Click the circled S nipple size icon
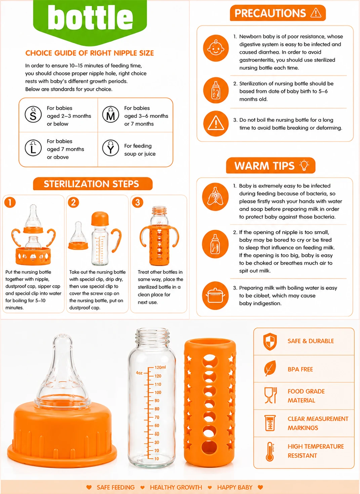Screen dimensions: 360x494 coord(33,114)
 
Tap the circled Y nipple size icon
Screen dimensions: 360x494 coord(111,148)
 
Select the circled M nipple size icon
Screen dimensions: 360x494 coord(111,114)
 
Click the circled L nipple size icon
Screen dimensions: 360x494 coord(33,148)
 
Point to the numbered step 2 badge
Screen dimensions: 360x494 coord(73,202)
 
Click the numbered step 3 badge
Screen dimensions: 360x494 coord(137,202)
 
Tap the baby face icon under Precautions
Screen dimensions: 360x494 coord(215,48)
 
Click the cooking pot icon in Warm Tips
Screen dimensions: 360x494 coord(215,296)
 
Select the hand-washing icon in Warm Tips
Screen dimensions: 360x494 coord(215,197)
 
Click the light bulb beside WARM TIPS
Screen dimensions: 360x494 coord(304,165)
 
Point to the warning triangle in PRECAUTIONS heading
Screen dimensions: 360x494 coord(316,13)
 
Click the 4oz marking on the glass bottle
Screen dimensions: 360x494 coord(139,373)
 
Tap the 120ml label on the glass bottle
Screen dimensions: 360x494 coord(160,368)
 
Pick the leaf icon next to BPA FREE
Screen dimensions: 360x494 coord(270,368)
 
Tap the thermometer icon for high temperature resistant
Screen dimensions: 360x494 coord(270,452)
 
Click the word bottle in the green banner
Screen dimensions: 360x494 coord(90,17)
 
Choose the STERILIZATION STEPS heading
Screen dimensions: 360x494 coord(91,184)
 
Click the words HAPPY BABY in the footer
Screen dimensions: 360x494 coord(235,487)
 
